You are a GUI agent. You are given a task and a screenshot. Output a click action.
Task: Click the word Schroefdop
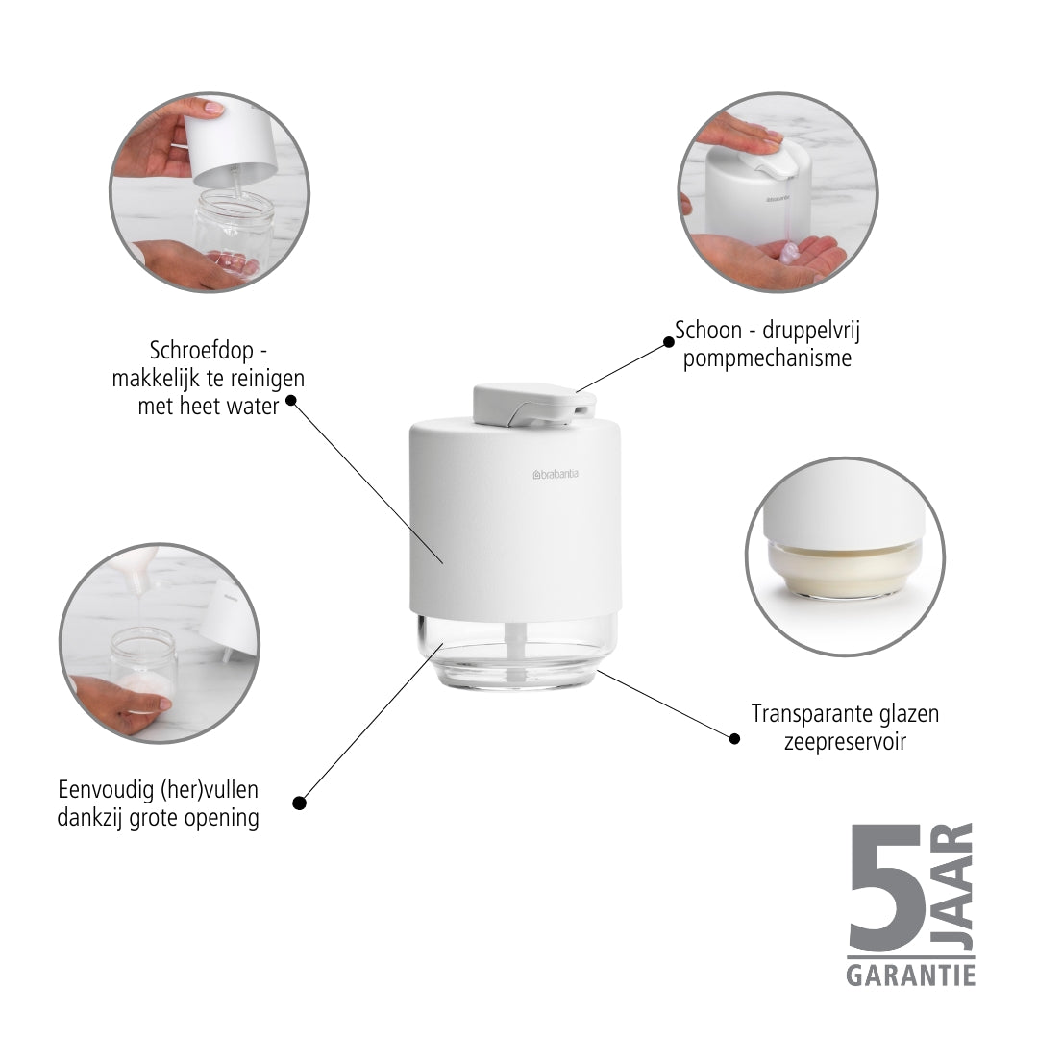click(x=201, y=351)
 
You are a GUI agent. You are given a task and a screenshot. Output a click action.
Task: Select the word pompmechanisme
click(x=767, y=358)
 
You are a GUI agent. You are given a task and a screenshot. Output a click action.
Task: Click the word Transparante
click(x=805, y=713)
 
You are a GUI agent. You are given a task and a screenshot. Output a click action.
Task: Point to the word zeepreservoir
click(x=845, y=741)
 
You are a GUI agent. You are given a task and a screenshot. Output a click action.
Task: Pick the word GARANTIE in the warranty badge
click(x=910, y=975)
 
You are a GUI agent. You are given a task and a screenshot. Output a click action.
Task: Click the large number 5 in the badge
click(x=887, y=886)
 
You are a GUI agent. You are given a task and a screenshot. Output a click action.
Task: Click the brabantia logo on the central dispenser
click(x=555, y=474)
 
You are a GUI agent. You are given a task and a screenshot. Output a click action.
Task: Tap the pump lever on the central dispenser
click(x=533, y=404)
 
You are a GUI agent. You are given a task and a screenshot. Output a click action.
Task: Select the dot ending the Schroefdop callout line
click(x=290, y=400)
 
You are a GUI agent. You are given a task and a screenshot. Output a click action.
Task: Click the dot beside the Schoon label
click(x=669, y=342)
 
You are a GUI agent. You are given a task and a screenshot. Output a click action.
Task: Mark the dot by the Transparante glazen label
click(x=734, y=738)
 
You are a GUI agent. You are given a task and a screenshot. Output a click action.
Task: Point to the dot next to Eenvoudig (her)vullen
click(x=299, y=803)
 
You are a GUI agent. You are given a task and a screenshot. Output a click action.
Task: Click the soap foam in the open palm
click(x=790, y=251)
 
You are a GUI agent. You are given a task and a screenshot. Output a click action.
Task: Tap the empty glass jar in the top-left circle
click(x=233, y=230)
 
